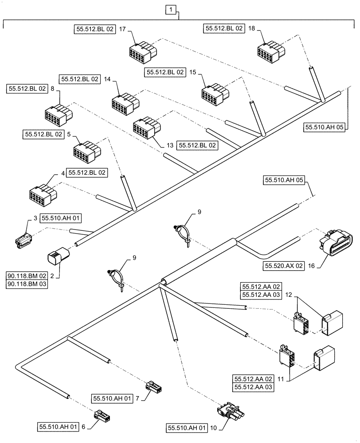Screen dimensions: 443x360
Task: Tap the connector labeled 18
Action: [270, 49]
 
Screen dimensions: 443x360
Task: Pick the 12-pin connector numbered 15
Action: [215, 93]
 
